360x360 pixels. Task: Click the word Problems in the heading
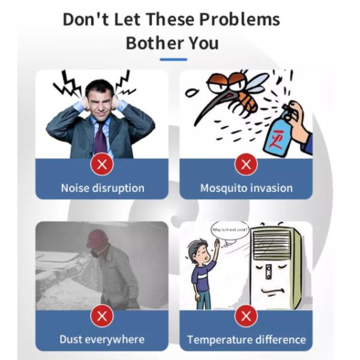(x=239, y=19)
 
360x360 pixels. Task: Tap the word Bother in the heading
(x=155, y=43)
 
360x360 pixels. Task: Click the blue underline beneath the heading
(x=173, y=59)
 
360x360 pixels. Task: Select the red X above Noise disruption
(x=102, y=164)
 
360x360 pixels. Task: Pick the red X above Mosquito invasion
(x=246, y=164)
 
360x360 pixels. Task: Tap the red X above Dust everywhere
(x=102, y=316)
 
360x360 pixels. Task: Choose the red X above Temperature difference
(x=246, y=316)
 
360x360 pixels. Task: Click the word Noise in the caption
(x=75, y=188)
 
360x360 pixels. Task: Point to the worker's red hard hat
(x=97, y=238)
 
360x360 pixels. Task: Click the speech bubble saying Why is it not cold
(x=230, y=230)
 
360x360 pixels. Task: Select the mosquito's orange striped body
(x=248, y=101)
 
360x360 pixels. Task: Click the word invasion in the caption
(x=271, y=188)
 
